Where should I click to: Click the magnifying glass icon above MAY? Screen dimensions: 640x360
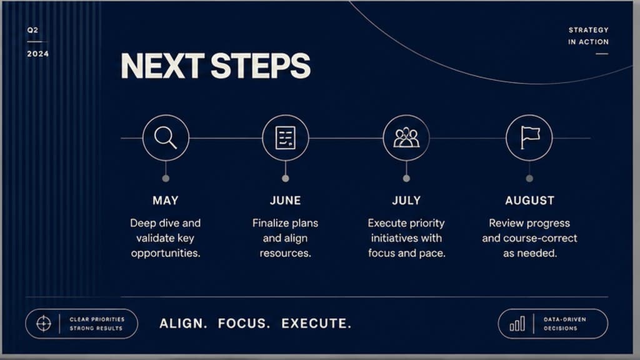pos(166,137)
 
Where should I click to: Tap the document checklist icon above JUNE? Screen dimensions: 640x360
pos(285,138)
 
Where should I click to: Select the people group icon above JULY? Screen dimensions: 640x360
pos(406,137)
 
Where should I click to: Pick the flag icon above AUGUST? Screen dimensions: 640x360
pos(530,137)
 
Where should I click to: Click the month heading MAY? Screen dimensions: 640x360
pos(165,201)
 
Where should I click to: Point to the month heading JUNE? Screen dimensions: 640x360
pos(285,201)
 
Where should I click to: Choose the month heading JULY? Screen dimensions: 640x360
pos(406,201)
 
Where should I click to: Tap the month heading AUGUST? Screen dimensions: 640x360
pos(529,201)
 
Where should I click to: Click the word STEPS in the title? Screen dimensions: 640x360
pos(261,66)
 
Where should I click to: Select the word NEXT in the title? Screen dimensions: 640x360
pos(162,66)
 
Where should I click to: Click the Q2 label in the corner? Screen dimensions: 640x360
pos(32,30)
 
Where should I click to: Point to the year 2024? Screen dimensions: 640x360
pos(38,54)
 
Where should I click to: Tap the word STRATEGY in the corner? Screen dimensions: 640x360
pos(588,30)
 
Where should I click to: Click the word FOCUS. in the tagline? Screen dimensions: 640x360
pos(244,324)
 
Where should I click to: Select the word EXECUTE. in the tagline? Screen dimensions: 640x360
pos(316,324)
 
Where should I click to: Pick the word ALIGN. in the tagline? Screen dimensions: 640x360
pos(183,324)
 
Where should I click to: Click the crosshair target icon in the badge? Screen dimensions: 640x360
pos(44,324)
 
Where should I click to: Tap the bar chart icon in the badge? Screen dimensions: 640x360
pos(517,324)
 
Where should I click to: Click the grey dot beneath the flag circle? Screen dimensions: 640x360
pos(529,178)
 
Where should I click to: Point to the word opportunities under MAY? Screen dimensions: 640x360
pos(165,254)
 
